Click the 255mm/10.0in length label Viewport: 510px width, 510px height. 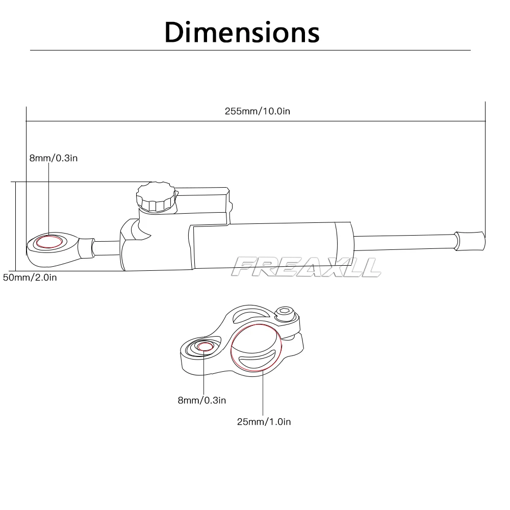click(x=257, y=111)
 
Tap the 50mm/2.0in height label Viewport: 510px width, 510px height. click(x=30, y=278)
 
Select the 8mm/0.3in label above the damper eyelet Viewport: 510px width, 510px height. click(x=53, y=158)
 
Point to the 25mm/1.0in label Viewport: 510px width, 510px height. click(x=263, y=422)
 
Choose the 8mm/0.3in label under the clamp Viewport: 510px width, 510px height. click(x=201, y=400)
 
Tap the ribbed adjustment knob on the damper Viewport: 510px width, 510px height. click(x=156, y=197)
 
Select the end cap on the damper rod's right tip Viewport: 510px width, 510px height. click(x=470, y=240)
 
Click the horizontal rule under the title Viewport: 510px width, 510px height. click(x=250, y=50)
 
